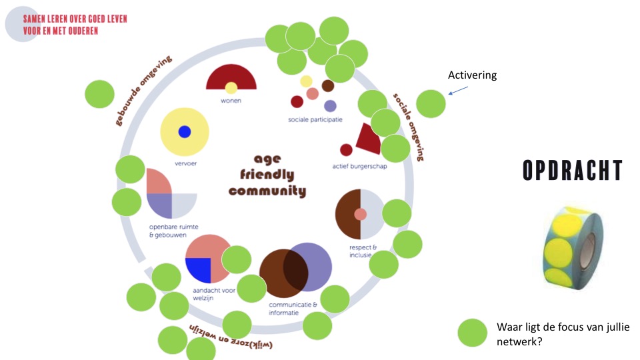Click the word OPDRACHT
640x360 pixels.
click(x=573, y=171)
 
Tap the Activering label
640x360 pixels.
click(x=472, y=75)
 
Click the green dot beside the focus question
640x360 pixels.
click(x=473, y=332)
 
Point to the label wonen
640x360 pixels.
click(x=231, y=101)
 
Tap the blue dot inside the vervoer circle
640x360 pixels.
click(x=185, y=132)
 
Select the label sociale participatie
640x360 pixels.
click(x=315, y=120)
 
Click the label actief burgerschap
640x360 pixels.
click(x=359, y=166)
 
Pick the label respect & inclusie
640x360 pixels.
click(x=363, y=251)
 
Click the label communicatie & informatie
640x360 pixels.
click(x=293, y=308)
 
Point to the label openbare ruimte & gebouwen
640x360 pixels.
click(x=167, y=231)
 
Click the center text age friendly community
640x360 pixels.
click(x=267, y=175)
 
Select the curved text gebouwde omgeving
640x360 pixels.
click(x=144, y=90)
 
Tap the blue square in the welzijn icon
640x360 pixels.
click(x=198, y=269)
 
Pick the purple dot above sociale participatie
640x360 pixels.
click(x=330, y=105)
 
